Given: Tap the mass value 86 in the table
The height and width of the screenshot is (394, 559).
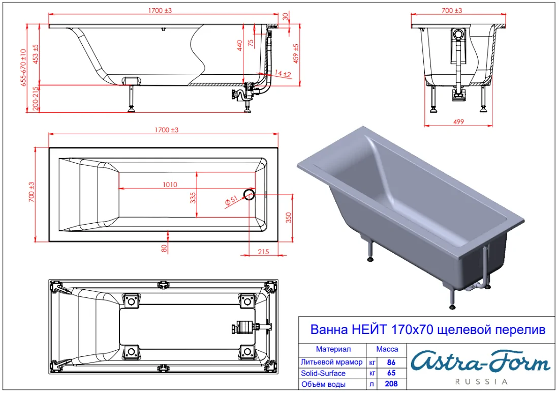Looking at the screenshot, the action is pos(391,362).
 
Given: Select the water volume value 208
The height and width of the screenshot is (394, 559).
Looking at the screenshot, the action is pos(391,384).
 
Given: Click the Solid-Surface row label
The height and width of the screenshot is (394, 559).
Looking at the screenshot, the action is pos(323,373).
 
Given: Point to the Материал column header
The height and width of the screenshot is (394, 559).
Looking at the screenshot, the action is pos(333,349).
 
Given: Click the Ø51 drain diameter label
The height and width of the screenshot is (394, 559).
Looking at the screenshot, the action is pos(231,201).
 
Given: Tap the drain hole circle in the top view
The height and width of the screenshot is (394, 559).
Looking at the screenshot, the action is pos(249,194).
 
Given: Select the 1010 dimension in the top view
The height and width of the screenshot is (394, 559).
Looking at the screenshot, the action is pos(170,185).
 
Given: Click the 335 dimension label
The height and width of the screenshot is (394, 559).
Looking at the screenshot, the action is pos(193,198).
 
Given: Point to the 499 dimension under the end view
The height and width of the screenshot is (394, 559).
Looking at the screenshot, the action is pos(458,122).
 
